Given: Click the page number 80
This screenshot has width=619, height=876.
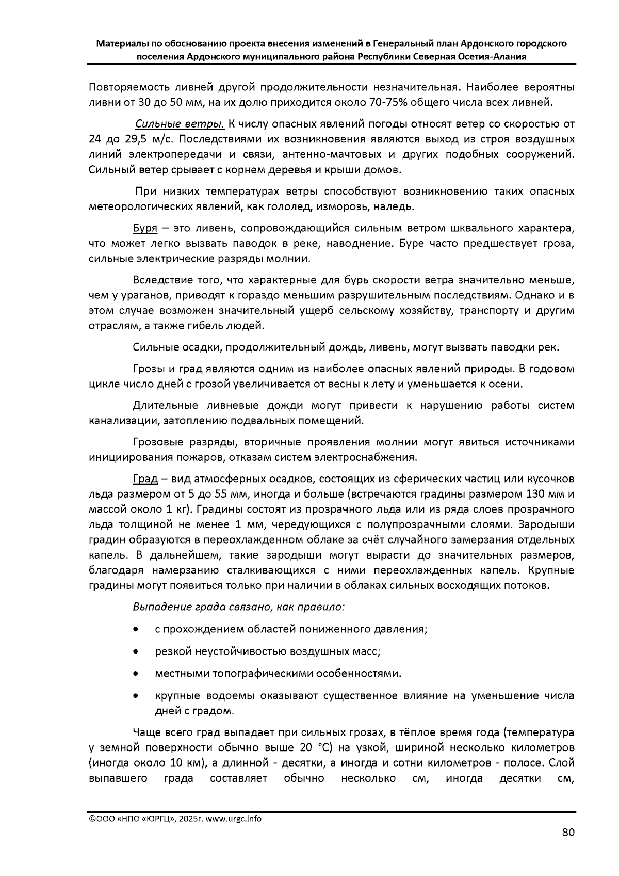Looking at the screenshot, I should [567, 832].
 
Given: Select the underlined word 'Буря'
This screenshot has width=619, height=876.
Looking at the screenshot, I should [145, 228].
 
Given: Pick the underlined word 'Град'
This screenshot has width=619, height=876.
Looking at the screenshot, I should [145, 479].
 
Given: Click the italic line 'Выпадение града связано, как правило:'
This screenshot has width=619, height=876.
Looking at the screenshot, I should [238, 607].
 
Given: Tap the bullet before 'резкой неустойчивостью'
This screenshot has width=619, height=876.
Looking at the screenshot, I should [135, 652].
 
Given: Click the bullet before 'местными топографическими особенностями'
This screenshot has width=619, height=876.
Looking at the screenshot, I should [135, 674].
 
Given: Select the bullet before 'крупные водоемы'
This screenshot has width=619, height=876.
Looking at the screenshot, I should [135, 696].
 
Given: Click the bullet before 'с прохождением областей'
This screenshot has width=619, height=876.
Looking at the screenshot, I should [135, 630].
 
